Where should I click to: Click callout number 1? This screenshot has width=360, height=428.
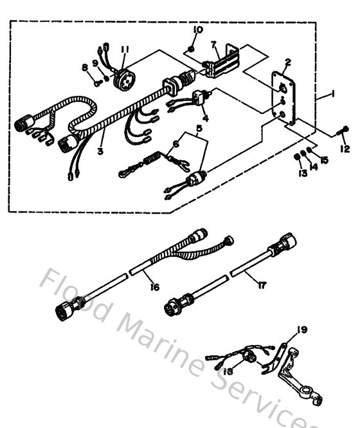[333, 94]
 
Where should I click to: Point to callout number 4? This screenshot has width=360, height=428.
[204, 119]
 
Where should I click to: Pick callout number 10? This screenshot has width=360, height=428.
[197, 30]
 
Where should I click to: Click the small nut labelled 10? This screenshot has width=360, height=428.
[193, 48]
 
